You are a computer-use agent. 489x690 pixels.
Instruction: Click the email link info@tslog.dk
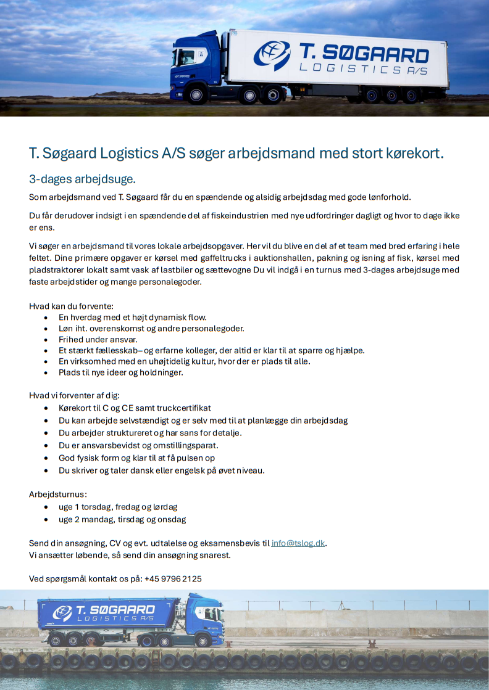[x=298, y=543]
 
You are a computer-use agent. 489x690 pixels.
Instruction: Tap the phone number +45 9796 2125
[x=173, y=579]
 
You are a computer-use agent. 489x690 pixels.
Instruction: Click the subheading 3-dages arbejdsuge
[x=82, y=179]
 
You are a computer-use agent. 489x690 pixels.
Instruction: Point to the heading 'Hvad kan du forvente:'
[x=71, y=306]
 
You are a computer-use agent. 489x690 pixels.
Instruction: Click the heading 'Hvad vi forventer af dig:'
[x=74, y=395]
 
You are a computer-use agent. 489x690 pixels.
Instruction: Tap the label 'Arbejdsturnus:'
[x=58, y=495]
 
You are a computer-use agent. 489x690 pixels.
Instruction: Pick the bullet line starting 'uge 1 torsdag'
[x=118, y=507]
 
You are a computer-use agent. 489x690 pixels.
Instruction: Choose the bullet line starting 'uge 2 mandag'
[x=122, y=519]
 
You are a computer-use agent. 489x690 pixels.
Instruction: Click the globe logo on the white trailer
[x=272, y=55]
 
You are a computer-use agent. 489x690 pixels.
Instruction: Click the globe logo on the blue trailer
[x=62, y=613]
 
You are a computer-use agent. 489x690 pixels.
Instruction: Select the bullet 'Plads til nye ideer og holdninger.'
[x=120, y=372]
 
